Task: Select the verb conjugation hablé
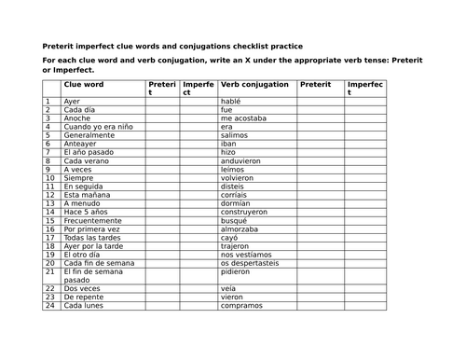[232, 101]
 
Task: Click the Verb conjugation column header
[254, 84]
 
